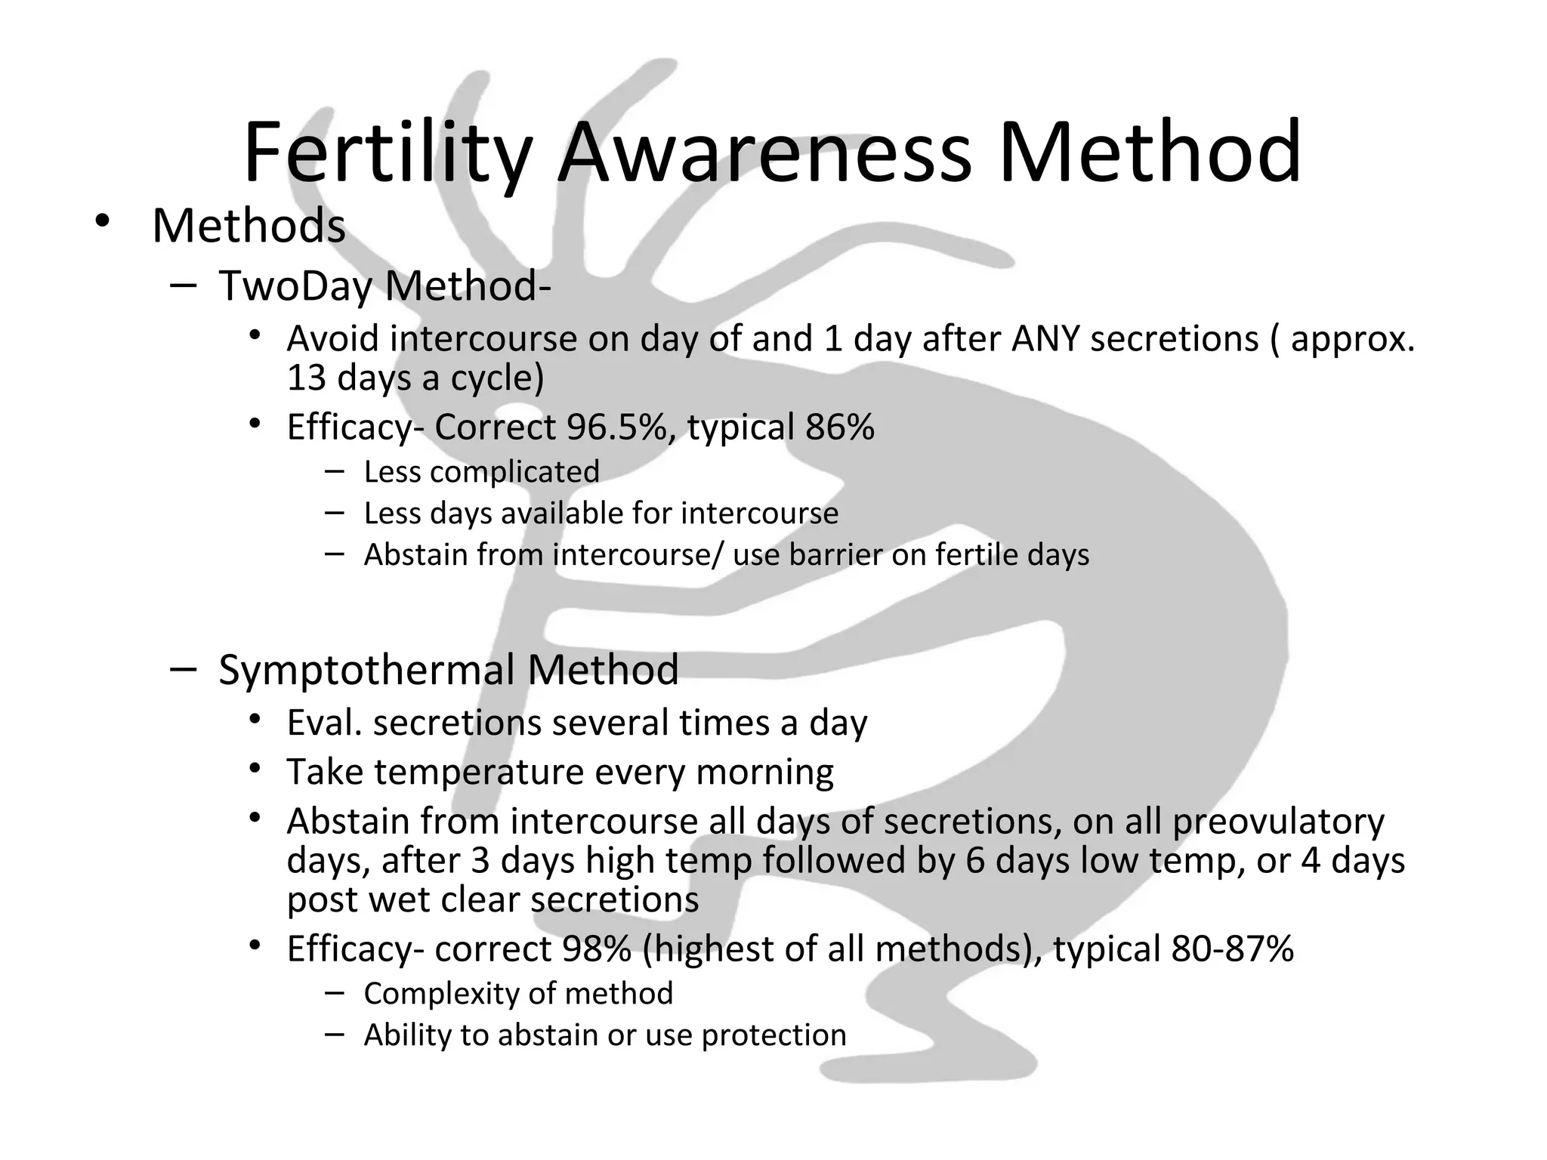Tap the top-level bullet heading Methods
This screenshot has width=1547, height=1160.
[249, 226]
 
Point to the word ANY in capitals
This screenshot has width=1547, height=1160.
[1046, 338]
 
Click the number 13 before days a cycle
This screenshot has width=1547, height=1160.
[306, 378]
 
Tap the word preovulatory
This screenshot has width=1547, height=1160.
[1278, 822]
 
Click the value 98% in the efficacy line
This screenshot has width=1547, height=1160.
[597, 949]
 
